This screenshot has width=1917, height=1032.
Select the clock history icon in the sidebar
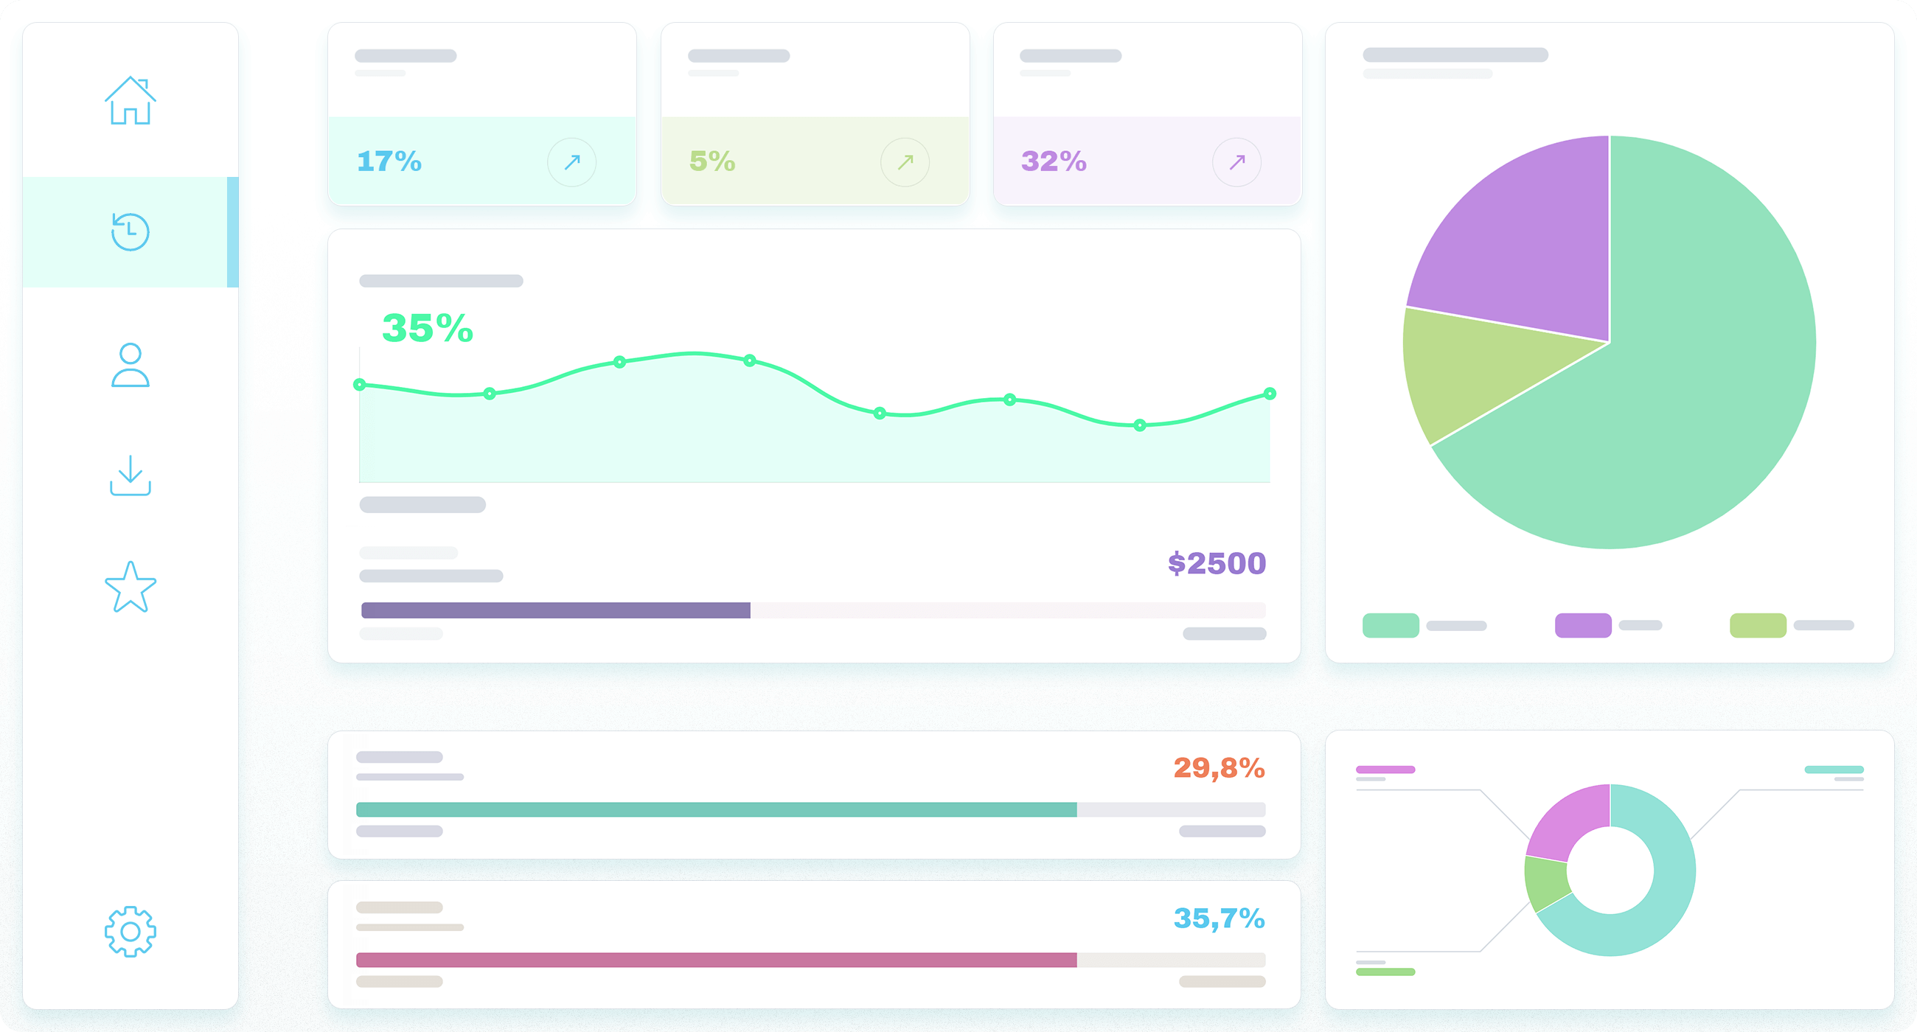pos(131,231)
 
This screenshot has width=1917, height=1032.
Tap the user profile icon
pos(131,365)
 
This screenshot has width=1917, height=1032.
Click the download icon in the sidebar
pos(131,475)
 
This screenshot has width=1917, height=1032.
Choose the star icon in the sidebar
pos(131,587)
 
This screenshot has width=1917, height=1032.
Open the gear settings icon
pos(131,931)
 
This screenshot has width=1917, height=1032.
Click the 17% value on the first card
pos(389,161)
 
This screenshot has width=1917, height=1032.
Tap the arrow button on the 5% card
pos(904,161)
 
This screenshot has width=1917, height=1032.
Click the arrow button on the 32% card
pos(1236,161)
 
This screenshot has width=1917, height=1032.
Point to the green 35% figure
pos(427,328)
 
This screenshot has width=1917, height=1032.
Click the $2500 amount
pos(1217,563)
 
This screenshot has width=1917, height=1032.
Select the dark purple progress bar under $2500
pos(555,610)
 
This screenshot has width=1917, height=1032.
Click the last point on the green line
pos(1270,394)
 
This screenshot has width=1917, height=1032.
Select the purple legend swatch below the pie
pos(1583,625)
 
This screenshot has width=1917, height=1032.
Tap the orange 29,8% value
pos(1219,768)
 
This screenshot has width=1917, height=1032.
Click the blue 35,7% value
pos(1219,918)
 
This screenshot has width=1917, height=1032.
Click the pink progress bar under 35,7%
pos(716,960)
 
